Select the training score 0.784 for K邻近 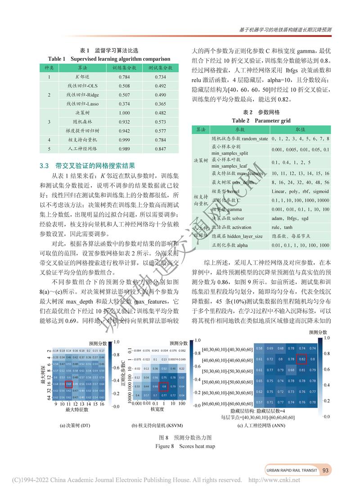124,77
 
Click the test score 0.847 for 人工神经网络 160,148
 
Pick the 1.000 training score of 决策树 124,113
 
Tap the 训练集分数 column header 124,67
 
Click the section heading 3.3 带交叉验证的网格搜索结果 86,166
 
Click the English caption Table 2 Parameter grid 261,121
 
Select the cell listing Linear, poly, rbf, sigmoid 300,192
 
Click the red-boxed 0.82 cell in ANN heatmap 302,359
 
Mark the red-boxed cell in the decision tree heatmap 69,384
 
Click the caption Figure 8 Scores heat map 185,446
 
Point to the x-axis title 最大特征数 77,410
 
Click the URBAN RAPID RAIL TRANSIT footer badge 292,471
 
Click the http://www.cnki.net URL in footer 274,480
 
